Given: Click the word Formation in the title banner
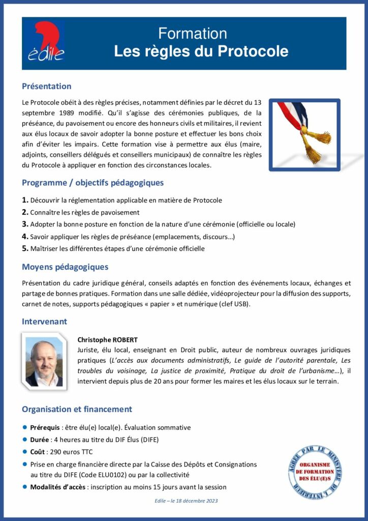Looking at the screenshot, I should [192, 34].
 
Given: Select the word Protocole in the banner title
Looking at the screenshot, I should [253, 51].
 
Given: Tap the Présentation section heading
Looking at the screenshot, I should [47, 86].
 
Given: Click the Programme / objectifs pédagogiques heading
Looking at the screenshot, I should [93, 183].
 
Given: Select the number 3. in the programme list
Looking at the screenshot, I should [25, 224].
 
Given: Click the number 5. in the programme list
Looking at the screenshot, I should [25, 249].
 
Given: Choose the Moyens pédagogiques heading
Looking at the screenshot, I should [65, 267].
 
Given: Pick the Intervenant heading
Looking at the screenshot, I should [44, 322].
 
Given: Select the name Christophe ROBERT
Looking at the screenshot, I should [107, 340].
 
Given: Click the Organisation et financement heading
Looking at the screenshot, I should [77, 410].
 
